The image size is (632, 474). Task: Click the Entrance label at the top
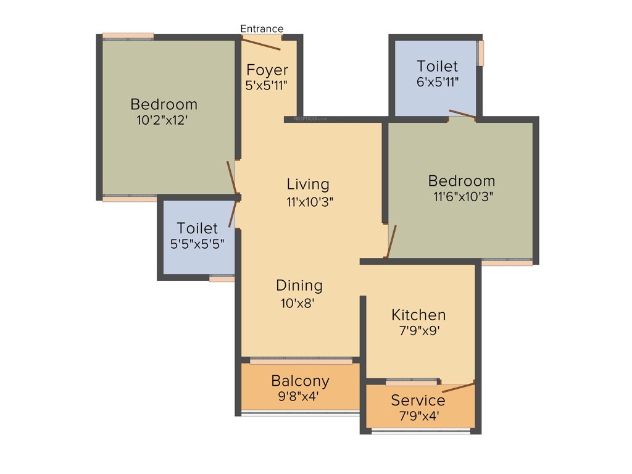262,29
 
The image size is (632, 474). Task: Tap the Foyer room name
267,70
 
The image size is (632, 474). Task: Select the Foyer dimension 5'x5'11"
267,86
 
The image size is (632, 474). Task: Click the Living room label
308,184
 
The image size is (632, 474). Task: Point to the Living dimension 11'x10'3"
310,201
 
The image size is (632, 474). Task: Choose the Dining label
299,286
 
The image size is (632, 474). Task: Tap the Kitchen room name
418,315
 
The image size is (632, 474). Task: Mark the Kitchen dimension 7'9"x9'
418,331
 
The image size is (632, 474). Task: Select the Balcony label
300,381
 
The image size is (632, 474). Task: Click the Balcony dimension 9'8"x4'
299,397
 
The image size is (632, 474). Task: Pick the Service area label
418,401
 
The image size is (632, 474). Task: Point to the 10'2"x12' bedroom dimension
162,120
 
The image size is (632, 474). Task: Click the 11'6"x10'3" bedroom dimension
463,197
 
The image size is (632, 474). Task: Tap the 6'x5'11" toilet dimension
438,81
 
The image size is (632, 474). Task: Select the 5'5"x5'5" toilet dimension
197,244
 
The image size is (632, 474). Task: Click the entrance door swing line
261,44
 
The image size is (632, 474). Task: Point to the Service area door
459,388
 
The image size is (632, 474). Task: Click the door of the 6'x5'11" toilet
462,114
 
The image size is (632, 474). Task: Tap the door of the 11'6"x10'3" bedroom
391,241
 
